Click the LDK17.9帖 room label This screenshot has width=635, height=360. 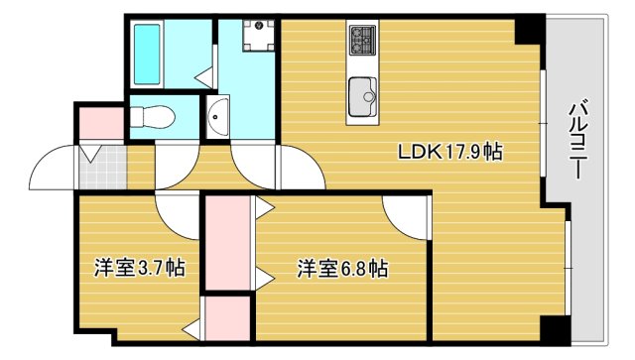click(x=449, y=153)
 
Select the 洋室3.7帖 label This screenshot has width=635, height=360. click(x=140, y=267)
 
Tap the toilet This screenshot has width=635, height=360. click(x=154, y=117)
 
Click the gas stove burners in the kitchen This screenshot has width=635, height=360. click(x=360, y=41)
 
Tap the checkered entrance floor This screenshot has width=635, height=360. click(x=100, y=168)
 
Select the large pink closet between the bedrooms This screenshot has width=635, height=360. click(x=228, y=243)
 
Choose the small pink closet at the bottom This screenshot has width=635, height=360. click(x=227, y=318)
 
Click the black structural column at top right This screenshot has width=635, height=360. click(x=530, y=30)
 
